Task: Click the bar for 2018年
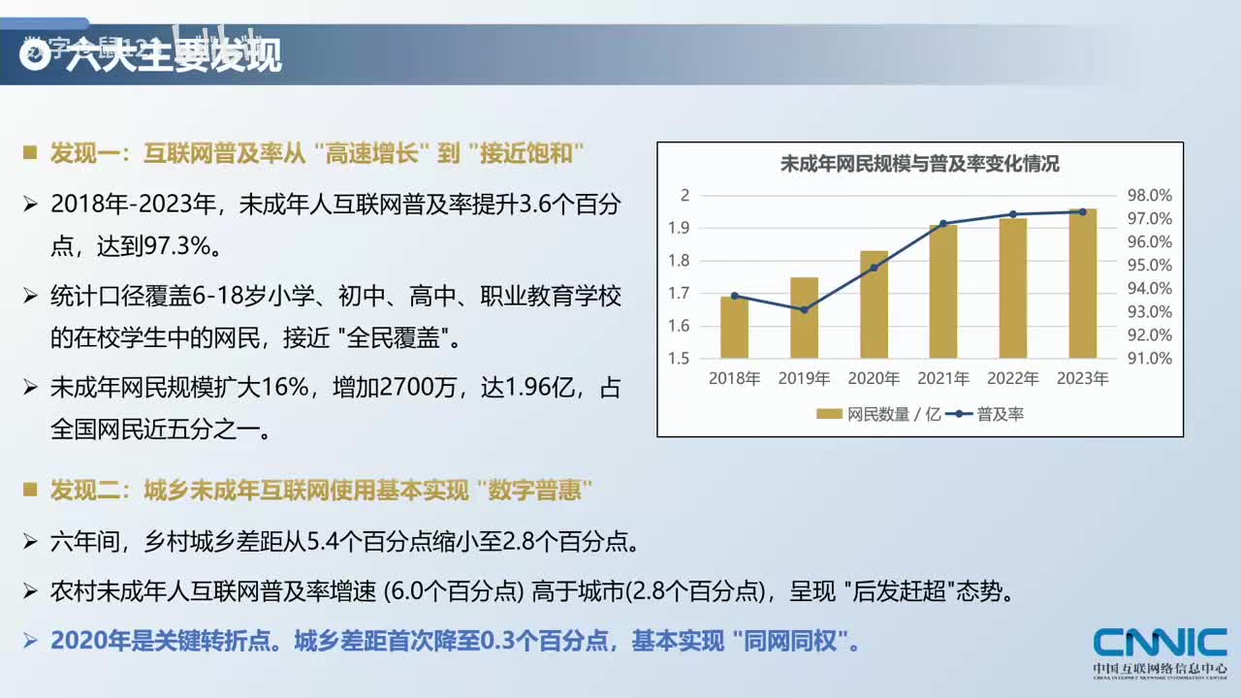[x=734, y=328]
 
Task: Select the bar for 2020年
[x=874, y=304]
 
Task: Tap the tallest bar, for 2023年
[x=1083, y=283]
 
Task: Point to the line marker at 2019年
[x=804, y=309]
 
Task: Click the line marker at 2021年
[x=943, y=224]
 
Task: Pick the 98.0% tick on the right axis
[x=1150, y=195]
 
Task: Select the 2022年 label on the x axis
[x=1013, y=379]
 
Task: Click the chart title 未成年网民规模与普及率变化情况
[x=919, y=164]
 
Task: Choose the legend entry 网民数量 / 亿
[x=879, y=414]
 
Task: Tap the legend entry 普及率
[x=1000, y=414]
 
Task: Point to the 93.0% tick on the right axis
[x=1150, y=311]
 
